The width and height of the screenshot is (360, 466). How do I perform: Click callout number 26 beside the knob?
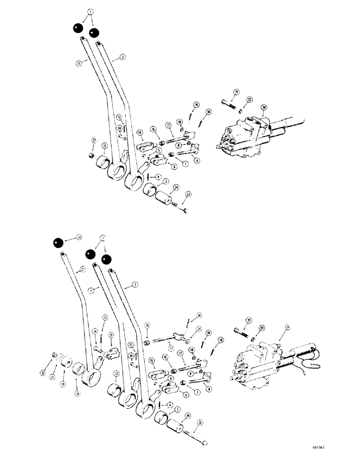79,237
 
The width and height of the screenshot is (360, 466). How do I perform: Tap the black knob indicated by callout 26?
58,244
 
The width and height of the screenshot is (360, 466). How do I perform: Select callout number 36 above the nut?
147,326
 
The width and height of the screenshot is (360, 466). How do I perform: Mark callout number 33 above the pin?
105,318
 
